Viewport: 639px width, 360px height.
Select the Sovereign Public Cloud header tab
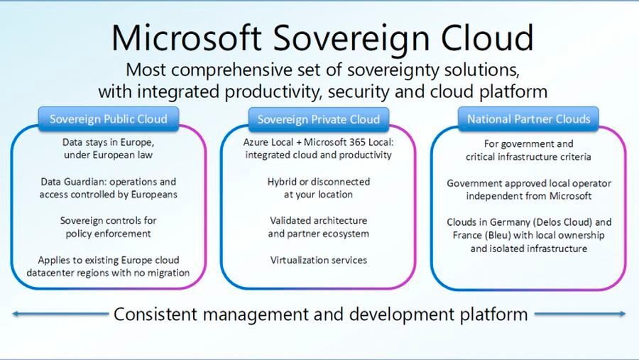pyautogui.click(x=109, y=119)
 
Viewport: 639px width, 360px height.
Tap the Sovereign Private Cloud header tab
pyautogui.click(x=319, y=119)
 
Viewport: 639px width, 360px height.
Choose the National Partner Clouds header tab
pyautogui.click(x=528, y=119)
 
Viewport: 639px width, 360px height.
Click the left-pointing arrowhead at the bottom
pyautogui.click(x=16, y=313)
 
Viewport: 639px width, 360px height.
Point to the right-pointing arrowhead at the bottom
pyautogui.click(x=623, y=313)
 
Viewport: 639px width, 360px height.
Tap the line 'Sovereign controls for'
pyautogui.click(x=108, y=220)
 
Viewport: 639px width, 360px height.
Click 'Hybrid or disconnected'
pyautogui.click(x=319, y=182)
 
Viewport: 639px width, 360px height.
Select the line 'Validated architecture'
pyautogui.click(x=319, y=220)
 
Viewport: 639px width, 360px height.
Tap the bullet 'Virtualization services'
pyautogui.click(x=319, y=260)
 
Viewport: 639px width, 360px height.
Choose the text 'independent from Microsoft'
pyautogui.click(x=528, y=195)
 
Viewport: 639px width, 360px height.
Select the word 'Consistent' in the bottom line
pyautogui.click(x=157, y=313)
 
